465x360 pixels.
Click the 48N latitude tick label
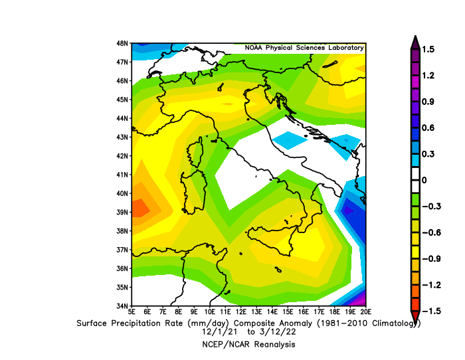(x=122, y=43)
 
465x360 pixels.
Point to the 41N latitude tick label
(x=122, y=175)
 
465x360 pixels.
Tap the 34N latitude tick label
(x=122, y=306)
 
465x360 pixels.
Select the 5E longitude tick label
(x=132, y=312)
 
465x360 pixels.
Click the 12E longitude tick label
(x=241, y=312)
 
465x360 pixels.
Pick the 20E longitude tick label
(x=366, y=312)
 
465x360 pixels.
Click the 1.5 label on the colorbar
(x=428, y=49)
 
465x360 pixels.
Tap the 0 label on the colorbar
(x=424, y=180)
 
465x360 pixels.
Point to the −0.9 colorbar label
(x=432, y=258)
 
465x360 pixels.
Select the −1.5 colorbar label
(x=432, y=311)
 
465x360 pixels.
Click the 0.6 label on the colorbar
(x=428, y=128)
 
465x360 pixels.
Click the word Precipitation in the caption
(x=147, y=323)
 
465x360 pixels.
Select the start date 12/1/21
(x=220, y=331)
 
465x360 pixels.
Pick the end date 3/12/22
(x=278, y=331)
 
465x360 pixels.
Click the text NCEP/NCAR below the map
(x=227, y=345)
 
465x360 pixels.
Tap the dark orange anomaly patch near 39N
(x=139, y=209)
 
